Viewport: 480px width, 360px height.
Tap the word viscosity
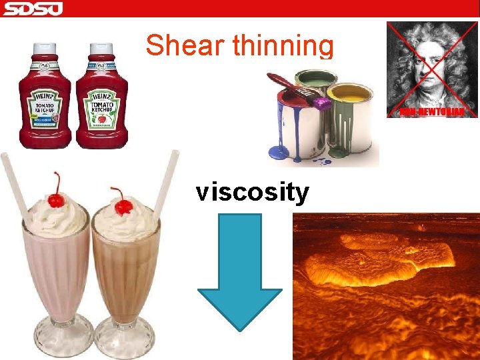[x=252, y=192]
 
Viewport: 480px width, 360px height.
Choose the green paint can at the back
[x=317, y=83]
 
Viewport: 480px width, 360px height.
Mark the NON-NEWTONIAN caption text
[x=433, y=111]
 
